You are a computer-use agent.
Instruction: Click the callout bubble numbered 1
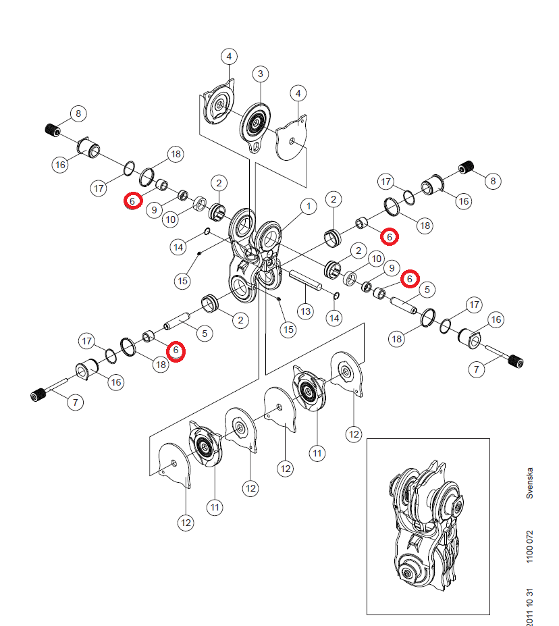point(309,207)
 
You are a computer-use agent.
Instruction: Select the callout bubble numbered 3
point(261,74)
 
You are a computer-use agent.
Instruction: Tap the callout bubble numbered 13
point(306,311)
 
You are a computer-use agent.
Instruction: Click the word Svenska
point(529,483)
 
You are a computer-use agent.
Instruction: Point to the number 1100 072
point(529,547)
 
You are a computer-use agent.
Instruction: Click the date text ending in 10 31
point(529,607)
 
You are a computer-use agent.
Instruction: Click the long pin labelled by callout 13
point(305,281)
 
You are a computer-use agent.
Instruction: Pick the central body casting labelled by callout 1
point(254,255)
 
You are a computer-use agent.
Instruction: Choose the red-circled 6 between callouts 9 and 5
point(410,279)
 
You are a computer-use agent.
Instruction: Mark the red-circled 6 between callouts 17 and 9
point(132,201)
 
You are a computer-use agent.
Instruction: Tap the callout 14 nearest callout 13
point(334,318)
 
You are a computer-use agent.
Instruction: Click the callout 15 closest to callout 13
point(288,330)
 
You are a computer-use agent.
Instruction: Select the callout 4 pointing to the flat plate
point(298,93)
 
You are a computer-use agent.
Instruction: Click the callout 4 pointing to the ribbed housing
point(229,56)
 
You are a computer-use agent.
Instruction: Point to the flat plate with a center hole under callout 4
point(292,138)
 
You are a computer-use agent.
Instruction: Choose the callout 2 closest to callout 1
point(334,199)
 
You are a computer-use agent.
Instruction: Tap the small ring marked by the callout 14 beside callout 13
point(336,295)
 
